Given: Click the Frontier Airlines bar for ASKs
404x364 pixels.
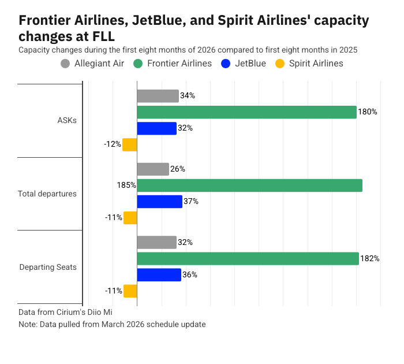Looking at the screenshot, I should [x=246, y=112].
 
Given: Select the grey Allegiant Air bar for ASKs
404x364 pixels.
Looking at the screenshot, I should [x=158, y=96].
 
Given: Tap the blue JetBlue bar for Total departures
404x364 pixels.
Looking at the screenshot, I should [x=159, y=202].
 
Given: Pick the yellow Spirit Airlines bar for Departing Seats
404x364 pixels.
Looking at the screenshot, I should [x=130, y=291].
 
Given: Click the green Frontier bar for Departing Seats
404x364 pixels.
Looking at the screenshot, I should [x=248, y=258].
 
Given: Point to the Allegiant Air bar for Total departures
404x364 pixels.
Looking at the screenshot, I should [x=153, y=169].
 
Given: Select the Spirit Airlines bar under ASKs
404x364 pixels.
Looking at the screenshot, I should [x=130, y=144].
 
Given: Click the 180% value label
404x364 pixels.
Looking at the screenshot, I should [x=368, y=112].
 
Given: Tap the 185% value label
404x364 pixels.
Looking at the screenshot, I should [x=126, y=185].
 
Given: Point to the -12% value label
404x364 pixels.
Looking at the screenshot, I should [x=112, y=144].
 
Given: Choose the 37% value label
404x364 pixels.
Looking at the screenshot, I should [x=191, y=202].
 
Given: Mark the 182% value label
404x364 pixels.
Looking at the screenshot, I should [x=370, y=258].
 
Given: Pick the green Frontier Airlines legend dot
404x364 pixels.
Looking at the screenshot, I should [x=138, y=64].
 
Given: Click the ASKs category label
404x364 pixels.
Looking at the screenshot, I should [x=67, y=121].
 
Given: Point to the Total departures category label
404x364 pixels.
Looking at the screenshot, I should [x=47, y=194].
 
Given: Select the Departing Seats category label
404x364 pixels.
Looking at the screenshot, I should [x=48, y=267].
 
